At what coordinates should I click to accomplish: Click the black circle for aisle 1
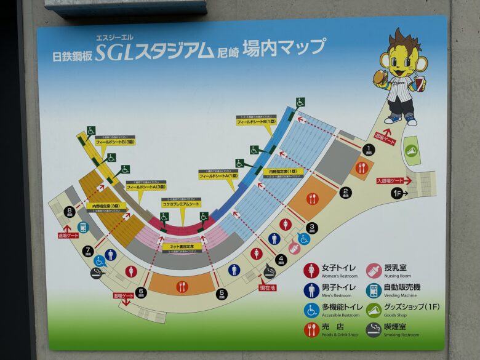coord(368,149)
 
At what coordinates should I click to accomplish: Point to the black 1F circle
coord(398,193)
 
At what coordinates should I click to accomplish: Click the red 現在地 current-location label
coord(268,287)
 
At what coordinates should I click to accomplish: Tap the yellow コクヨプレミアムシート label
coord(182,203)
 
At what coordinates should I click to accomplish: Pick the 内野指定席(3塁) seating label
coord(106,206)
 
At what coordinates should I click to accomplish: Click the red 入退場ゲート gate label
coord(390,180)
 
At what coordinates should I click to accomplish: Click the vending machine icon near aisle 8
coord(83,227)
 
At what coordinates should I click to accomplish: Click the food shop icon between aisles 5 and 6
coord(182,286)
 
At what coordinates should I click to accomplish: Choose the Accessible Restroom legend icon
coord(311,310)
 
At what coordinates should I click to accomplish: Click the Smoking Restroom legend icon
coord(374,330)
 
